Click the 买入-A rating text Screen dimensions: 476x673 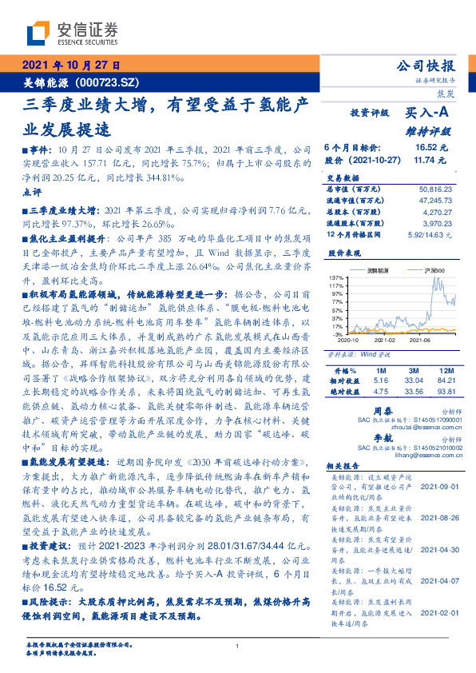(x=429, y=114)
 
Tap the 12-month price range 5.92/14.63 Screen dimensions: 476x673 (x=431, y=237)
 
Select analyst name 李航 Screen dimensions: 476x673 (x=385, y=440)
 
